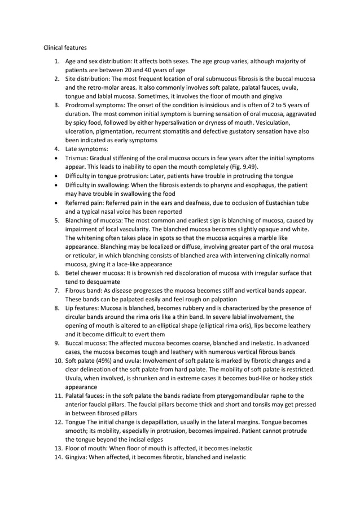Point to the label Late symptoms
click(85, 150)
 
